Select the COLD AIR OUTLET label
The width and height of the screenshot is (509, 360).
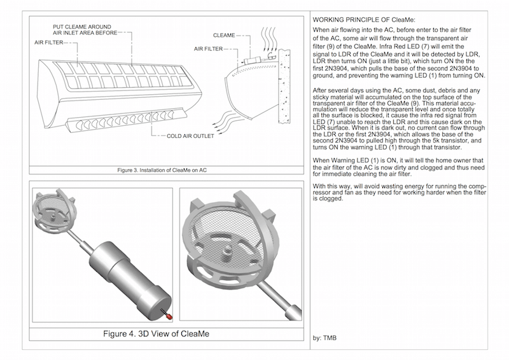coord(181,135)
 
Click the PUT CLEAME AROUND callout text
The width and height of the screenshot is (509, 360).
coord(87,27)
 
